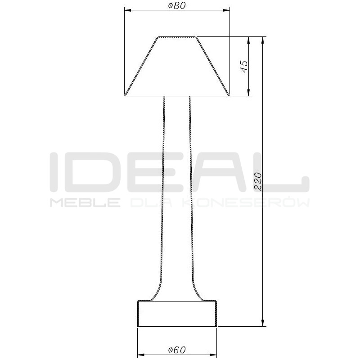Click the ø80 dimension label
pyautogui.click(x=176, y=5)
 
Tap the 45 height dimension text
pyautogui.click(x=244, y=67)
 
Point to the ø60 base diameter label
pyautogui.click(x=176, y=350)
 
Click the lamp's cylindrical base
pyautogui.click(x=177, y=313)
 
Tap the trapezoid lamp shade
pyautogui.click(x=177, y=67)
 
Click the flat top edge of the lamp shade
pyautogui.click(x=177, y=37)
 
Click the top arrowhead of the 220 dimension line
pyautogui.click(x=262, y=40)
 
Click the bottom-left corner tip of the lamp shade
pyautogui.click(x=125, y=95)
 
